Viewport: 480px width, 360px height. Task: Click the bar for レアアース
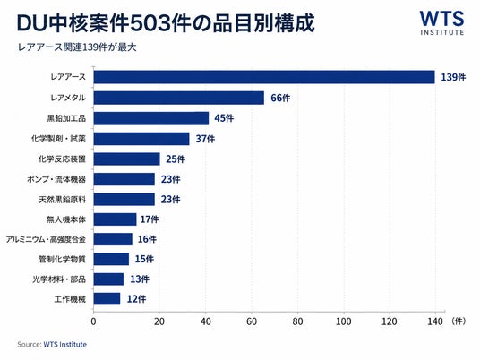click(x=264, y=77)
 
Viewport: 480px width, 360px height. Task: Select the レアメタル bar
click(x=179, y=98)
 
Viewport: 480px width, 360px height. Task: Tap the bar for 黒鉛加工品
click(x=151, y=118)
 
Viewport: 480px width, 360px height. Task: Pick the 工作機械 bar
click(x=107, y=299)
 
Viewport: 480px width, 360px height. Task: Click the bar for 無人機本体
click(x=116, y=219)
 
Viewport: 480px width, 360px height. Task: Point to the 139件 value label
click(x=453, y=77)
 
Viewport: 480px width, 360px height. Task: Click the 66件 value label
click(x=280, y=98)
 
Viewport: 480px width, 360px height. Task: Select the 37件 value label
click(x=205, y=139)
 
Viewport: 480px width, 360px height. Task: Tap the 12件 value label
click(x=136, y=299)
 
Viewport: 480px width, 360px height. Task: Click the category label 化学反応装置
click(x=62, y=159)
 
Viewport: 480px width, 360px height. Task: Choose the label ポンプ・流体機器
click(x=56, y=179)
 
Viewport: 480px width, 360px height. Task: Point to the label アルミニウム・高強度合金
click(x=46, y=239)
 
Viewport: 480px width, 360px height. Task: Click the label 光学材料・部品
click(x=59, y=279)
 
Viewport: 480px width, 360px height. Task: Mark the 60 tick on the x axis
click(x=252, y=321)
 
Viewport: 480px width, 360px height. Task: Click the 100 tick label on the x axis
click(x=344, y=321)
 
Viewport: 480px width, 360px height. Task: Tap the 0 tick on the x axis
click(x=93, y=321)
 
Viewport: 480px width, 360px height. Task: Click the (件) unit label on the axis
click(x=458, y=321)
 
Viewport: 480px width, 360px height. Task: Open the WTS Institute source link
click(x=64, y=345)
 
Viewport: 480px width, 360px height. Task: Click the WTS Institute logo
click(x=441, y=23)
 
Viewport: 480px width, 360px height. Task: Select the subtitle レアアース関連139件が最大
click(x=77, y=47)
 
